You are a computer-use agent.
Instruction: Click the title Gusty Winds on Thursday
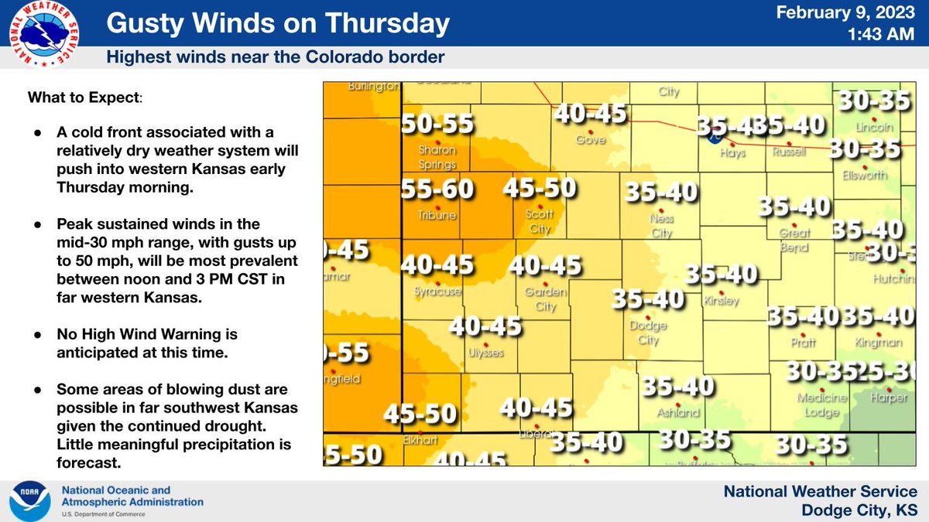click(x=277, y=25)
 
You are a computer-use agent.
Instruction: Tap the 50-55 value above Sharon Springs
click(x=437, y=124)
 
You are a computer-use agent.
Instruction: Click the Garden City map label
click(x=546, y=299)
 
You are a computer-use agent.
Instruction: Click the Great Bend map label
click(x=794, y=240)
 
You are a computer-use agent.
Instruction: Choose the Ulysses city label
click(x=485, y=353)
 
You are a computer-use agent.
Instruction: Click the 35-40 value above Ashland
click(x=677, y=386)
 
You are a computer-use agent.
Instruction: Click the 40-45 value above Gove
click(x=590, y=114)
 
